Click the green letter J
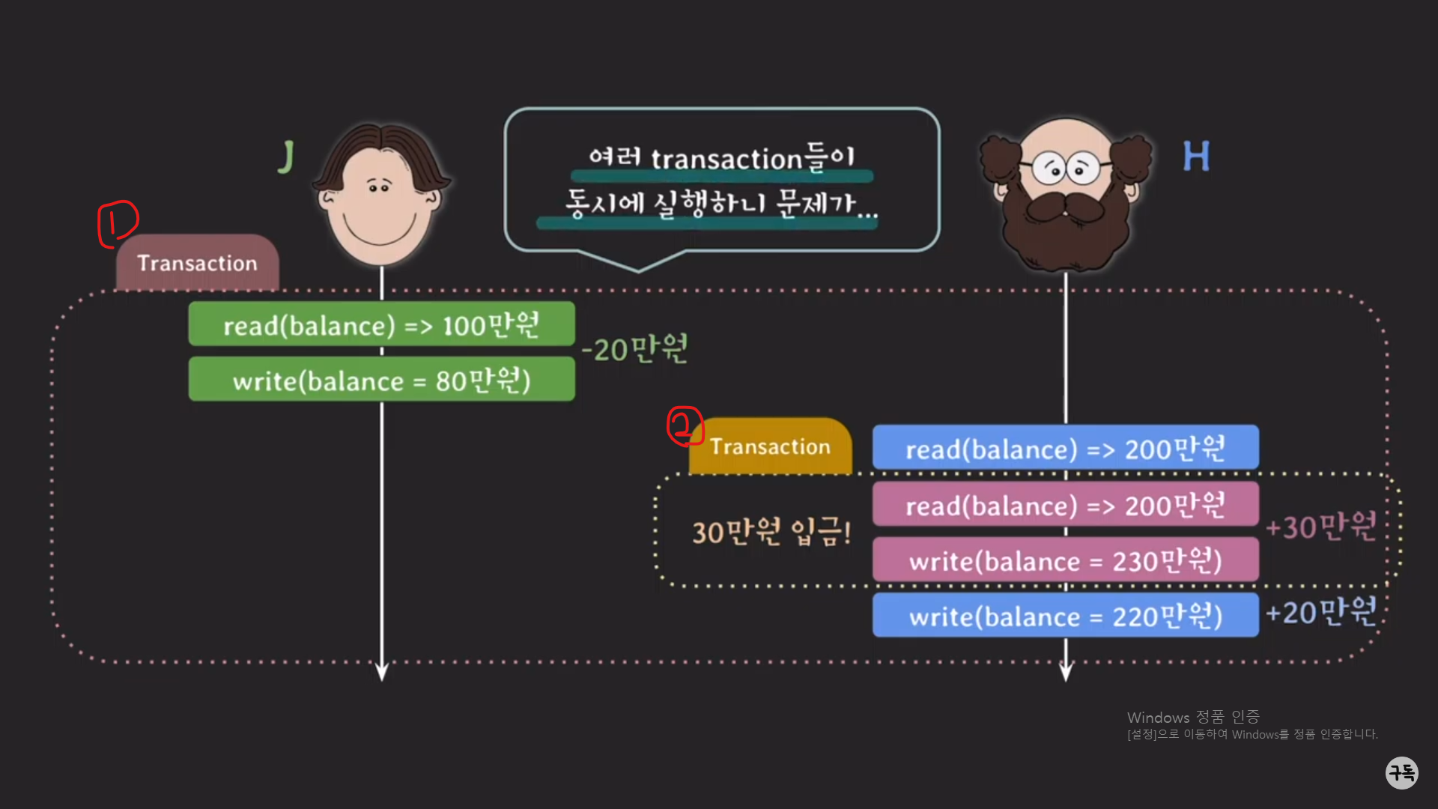pos(286,157)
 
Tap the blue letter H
pos(1196,157)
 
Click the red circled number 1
pos(118,222)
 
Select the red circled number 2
pos(685,426)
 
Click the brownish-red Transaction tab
pos(197,263)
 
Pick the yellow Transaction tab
pos(770,446)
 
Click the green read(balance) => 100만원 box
pos(381,325)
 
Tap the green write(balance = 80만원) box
pos(381,381)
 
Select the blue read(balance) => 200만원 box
pos(1065,449)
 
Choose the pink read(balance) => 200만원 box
pos(1065,506)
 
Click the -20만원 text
pos(634,349)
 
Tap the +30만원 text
pos(1321,527)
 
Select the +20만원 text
pos(1321,612)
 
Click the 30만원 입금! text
pos(771,532)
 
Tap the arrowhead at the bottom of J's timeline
pos(382,672)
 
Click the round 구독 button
pos(1401,772)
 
